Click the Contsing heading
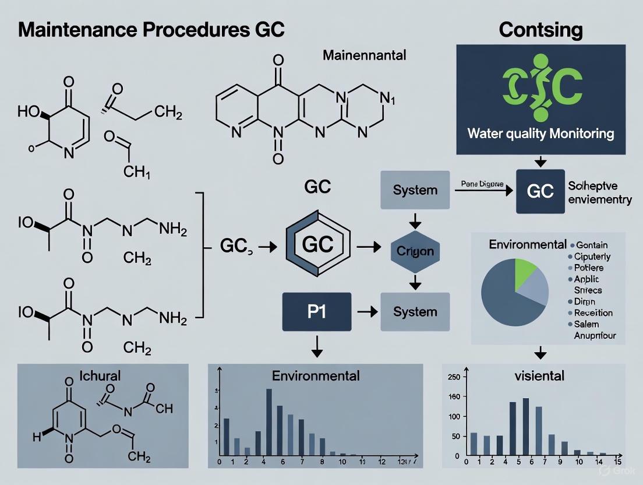[x=540, y=30]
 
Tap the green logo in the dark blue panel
[x=541, y=87]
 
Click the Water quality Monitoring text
[x=540, y=133]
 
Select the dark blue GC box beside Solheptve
[x=540, y=192]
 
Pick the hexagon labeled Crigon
[x=415, y=252]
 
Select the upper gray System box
[x=415, y=190]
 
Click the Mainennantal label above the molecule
[x=364, y=57]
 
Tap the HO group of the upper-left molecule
[x=27, y=111]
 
